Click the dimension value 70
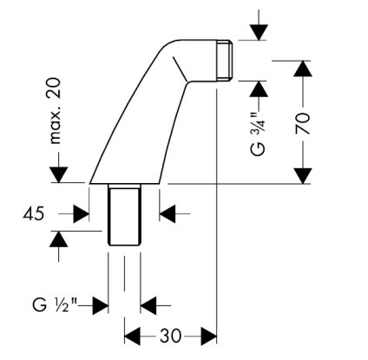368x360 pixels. coord(303,123)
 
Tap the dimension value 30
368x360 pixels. coord(170,336)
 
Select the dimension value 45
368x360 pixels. coord(34,214)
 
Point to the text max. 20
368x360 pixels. coord(55,111)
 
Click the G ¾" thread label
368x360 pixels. coord(259,134)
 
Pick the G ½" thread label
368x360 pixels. coord(55,305)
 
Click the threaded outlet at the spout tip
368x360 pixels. coord(225,60)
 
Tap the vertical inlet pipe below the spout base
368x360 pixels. coord(124,214)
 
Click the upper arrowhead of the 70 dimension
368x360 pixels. coord(303,69)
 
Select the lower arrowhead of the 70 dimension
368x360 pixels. coord(303,176)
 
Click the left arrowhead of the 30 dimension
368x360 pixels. coord(132,337)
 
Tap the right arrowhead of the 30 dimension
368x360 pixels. coord(209,337)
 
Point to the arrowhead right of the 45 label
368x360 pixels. coord(81,214)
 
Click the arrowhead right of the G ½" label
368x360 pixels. coord(100,305)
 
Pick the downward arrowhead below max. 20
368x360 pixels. coord(58,175)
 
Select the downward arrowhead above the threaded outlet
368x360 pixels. coord(259,33)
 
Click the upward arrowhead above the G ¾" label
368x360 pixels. coord(259,89)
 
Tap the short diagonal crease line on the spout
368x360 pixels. coord(180,69)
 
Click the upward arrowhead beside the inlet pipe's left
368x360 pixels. coord(59,239)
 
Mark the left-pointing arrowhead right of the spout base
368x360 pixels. coord(168,214)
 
